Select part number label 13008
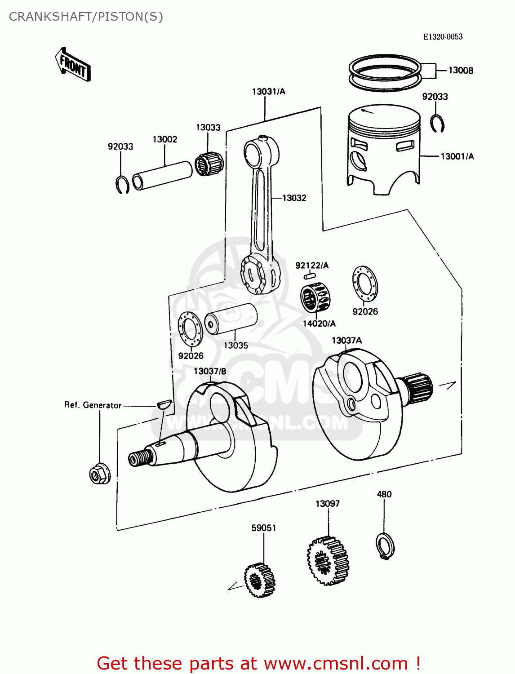tap(461, 71)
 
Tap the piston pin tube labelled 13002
tap(162, 175)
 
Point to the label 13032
tap(294, 198)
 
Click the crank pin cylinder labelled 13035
tap(231, 318)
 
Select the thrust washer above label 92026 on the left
tap(191, 329)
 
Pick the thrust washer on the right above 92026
tap(365, 284)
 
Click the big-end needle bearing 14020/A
tap(313, 297)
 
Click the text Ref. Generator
tap(93, 405)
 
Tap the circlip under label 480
tap(385, 545)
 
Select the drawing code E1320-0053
tap(443, 37)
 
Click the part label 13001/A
tap(457, 156)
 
